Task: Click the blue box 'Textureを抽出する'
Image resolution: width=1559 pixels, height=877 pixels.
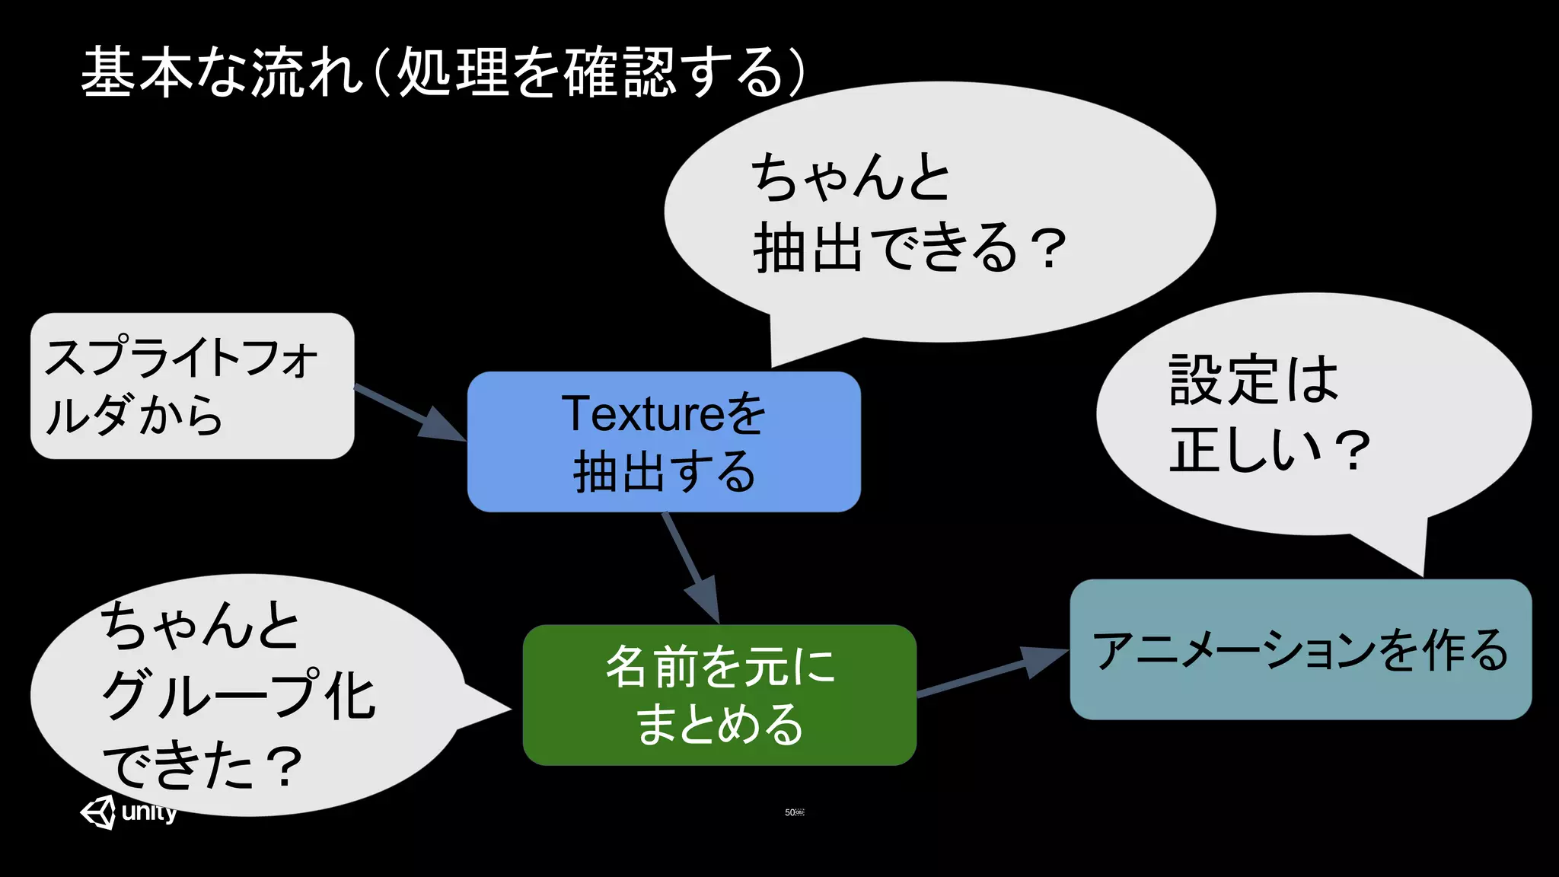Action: click(x=664, y=442)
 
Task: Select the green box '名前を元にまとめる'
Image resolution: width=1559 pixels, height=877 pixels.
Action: click(x=719, y=694)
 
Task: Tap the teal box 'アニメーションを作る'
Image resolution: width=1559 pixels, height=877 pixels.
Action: click(x=1300, y=649)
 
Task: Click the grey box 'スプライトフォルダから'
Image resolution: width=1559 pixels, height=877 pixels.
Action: click(x=192, y=386)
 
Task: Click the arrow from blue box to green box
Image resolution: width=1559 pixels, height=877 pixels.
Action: click(x=691, y=568)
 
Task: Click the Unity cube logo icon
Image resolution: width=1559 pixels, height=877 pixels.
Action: click(x=98, y=812)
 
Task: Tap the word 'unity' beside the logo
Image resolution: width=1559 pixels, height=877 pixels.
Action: click(x=149, y=812)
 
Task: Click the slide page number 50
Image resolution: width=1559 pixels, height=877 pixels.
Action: click(x=790, y=812)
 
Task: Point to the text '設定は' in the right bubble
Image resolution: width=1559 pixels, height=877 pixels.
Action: click(x=1253, y=380)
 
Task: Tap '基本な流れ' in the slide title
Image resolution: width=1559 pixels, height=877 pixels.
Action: click(x=221, y=72)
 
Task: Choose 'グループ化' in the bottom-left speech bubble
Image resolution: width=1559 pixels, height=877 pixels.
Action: click(x=238, y=694)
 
